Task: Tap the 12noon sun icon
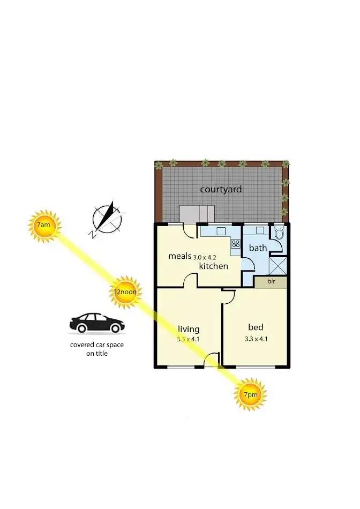[x=124, y=292]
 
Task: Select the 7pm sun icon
[x=250, y=394]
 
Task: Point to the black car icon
[x=97, y=323]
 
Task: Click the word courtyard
[x=221, y=189]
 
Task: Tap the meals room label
[x=179, y=256]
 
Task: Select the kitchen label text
[x=214, y=266]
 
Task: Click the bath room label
[x=258, y=248]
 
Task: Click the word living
[x=188, y=329]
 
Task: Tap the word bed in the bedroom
[x=256, y=327]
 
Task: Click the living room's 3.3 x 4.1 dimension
[x=188, y=339]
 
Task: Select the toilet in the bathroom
[x=279, y=233]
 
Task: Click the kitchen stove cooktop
[x=236, y=244]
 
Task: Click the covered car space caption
[x=97, y=349]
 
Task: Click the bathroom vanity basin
[x=259, y=230]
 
